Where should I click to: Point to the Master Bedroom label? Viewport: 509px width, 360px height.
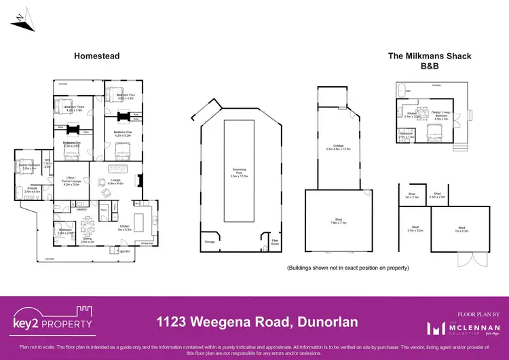point(29,166)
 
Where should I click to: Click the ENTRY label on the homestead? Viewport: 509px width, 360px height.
point(126,252)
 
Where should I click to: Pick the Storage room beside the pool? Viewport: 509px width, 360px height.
point(208,241)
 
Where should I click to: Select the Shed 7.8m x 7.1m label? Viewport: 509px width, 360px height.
point(338,221)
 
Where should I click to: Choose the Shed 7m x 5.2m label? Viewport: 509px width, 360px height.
point(461,228)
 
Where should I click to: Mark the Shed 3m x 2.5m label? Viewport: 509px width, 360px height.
point(413,196)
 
